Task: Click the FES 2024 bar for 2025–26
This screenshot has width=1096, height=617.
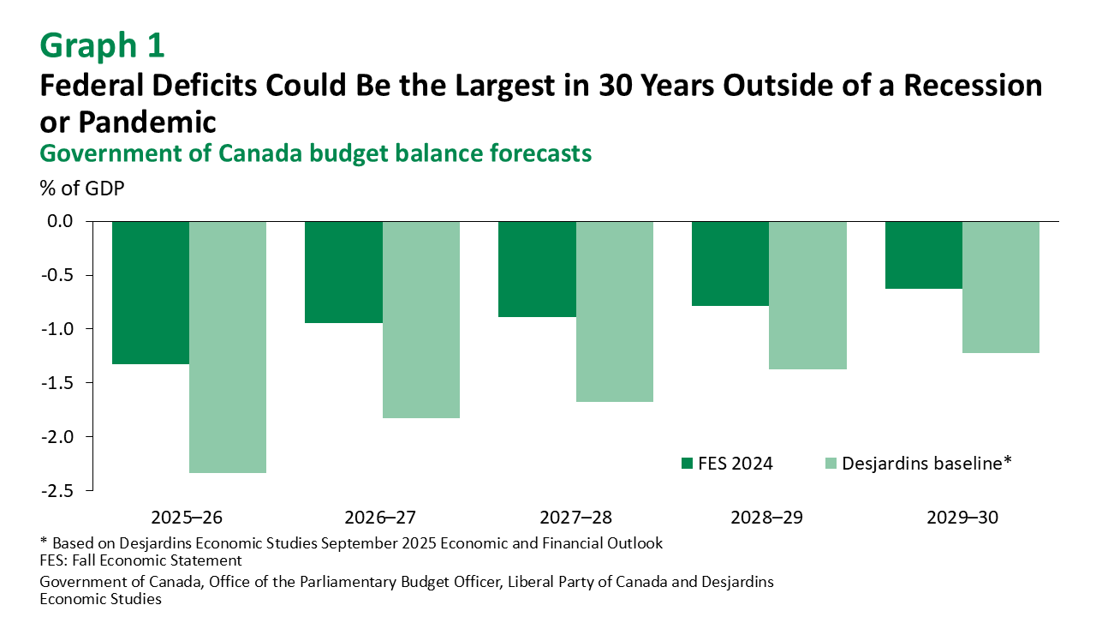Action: [151, 292]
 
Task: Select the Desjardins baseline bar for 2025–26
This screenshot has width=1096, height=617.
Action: [228, 347]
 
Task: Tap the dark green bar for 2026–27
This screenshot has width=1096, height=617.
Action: [343, 272]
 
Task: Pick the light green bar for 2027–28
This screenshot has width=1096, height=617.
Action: [615, 311]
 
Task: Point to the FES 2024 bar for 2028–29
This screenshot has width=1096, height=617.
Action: [730, 263]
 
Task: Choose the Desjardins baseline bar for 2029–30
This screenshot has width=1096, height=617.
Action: [1001, 287]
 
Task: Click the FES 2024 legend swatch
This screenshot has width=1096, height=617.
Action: [687, 464]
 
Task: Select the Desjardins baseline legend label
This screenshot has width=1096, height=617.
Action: [926, 464]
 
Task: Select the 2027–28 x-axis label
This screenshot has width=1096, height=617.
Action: [575, 518]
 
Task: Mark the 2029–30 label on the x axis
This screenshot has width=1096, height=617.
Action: [962, 518]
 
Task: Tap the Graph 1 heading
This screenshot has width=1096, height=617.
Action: [102, 45]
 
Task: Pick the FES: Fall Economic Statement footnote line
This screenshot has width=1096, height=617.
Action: [141, 560]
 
